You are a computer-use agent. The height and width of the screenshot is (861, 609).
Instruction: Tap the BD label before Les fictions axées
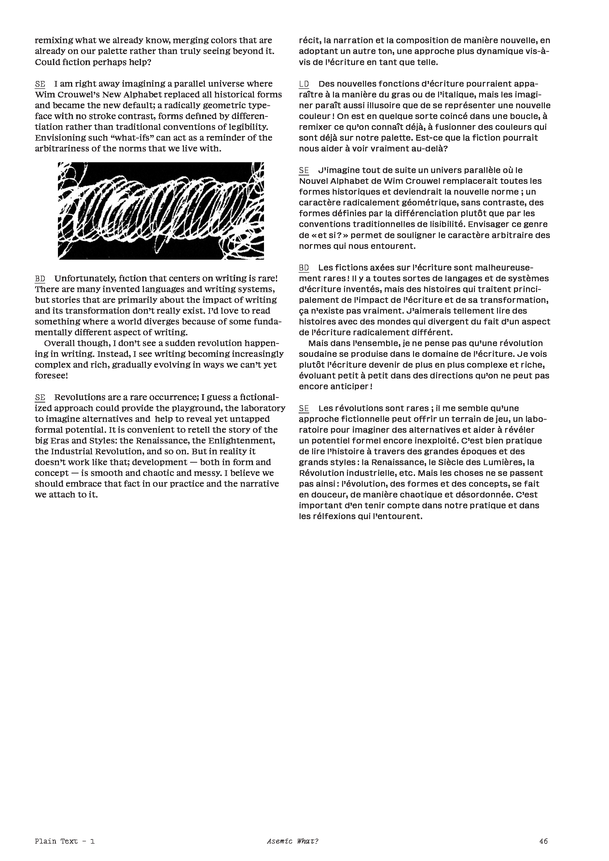coord(304,268)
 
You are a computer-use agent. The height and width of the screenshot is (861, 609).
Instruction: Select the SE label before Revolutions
coord(40,398)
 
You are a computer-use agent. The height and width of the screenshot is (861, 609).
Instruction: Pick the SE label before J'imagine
coord(304,171)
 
